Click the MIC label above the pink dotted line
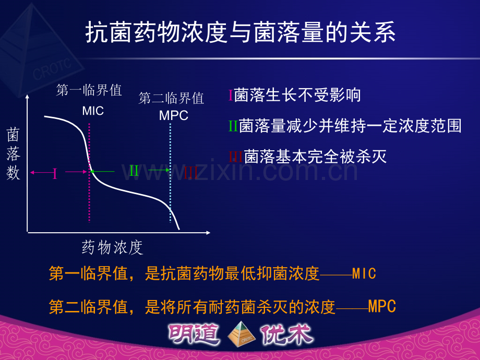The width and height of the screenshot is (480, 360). [93, 111]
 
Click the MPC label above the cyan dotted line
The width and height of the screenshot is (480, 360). [174, 115]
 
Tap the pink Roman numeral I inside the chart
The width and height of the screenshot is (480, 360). [55, 173]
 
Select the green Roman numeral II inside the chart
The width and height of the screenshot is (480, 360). [134, 171]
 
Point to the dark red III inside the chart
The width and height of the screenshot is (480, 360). [191, 172]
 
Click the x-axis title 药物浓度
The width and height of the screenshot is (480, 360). [112, 247]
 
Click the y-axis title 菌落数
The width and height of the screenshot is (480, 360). [13, 154]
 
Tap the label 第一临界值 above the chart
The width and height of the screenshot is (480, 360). [89, 90]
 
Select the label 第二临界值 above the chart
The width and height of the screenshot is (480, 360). [171, 98]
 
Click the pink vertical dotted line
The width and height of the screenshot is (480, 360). [89, 173]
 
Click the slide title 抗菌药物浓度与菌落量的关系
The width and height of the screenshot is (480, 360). [241, 32]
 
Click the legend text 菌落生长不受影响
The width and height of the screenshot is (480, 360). [297, 95]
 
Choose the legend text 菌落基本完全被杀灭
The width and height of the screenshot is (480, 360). [315, 157]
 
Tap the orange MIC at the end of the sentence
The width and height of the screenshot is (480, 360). [364, 273]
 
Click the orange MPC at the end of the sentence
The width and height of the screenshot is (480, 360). [382, 306]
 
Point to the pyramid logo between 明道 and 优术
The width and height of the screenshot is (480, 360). [242, 334]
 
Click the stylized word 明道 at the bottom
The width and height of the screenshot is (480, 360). [194, 334]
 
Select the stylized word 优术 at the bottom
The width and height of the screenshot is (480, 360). [287, 334]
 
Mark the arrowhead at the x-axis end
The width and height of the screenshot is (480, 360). [208, 233]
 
